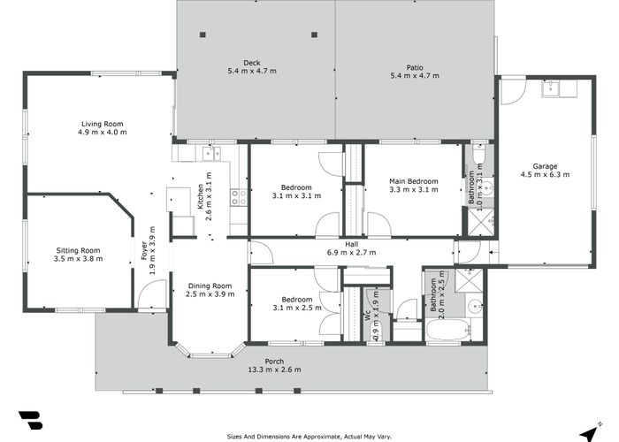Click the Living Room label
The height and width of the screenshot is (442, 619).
point(103,124)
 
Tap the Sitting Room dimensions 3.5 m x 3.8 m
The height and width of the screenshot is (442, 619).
point(78,259)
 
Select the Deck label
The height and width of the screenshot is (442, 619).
point(252,63)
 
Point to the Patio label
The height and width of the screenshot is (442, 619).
point(415,67)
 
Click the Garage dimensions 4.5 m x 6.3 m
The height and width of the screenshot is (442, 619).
point(546,174)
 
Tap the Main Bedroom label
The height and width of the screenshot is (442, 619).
point(414,181)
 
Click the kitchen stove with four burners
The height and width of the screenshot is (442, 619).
point(239,197)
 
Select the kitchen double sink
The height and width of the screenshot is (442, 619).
point(211,153)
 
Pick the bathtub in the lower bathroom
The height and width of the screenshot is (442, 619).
point(448,330)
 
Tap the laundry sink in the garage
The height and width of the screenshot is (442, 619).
point(550,88)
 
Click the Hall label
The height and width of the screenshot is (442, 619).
point(351,244)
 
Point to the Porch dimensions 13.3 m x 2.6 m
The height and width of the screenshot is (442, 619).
point(274,370)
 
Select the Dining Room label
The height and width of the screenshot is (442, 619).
point(210,286)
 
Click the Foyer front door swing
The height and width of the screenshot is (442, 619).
point(152,294)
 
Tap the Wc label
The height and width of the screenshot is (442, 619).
point(367,315)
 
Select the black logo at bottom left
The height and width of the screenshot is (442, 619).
point(31,420)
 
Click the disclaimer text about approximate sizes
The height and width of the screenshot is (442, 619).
point(309,437)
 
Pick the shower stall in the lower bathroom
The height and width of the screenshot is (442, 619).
point(469,280)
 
